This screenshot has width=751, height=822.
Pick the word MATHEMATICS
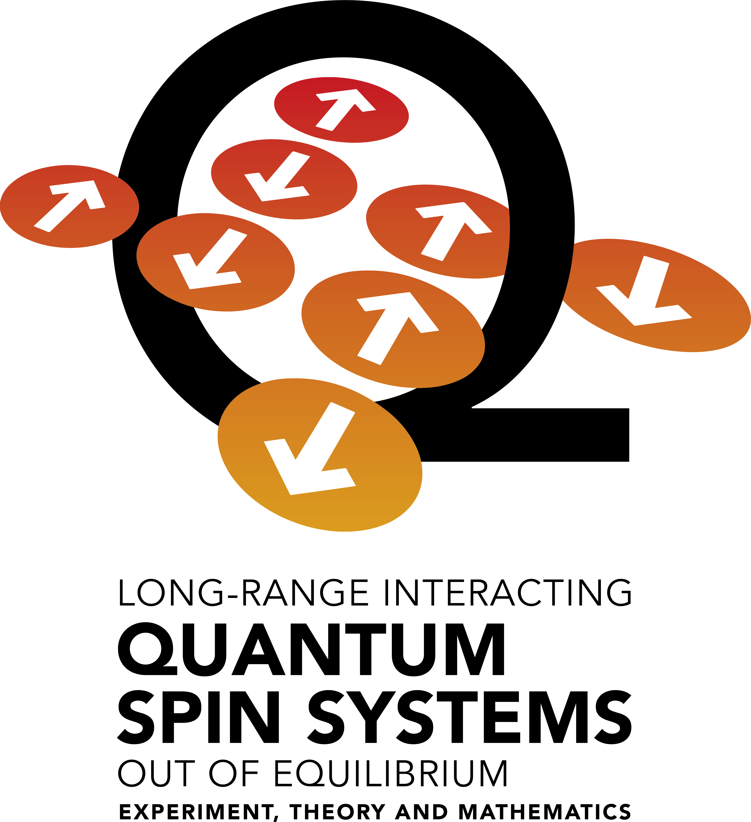[x=545, y=811]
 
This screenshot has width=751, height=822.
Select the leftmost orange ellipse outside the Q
[x=69, y=206]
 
